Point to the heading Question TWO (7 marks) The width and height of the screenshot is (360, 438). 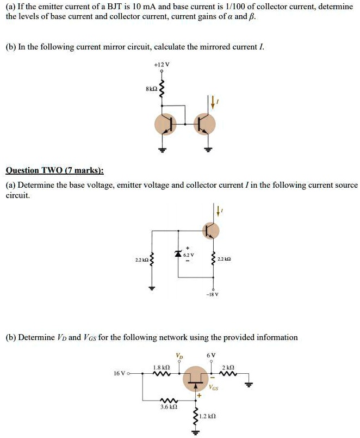54,170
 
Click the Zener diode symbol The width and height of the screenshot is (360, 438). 177,254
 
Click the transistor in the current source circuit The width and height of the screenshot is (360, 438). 209,231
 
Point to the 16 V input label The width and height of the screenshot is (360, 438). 120,374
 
